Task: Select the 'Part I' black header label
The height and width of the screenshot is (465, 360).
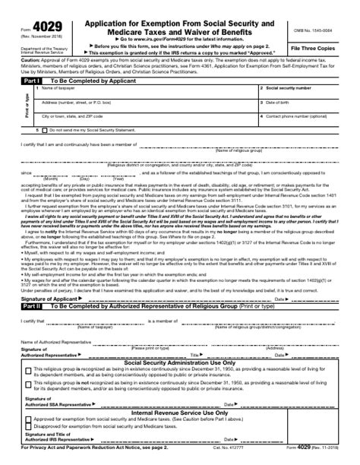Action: point(31,79)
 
